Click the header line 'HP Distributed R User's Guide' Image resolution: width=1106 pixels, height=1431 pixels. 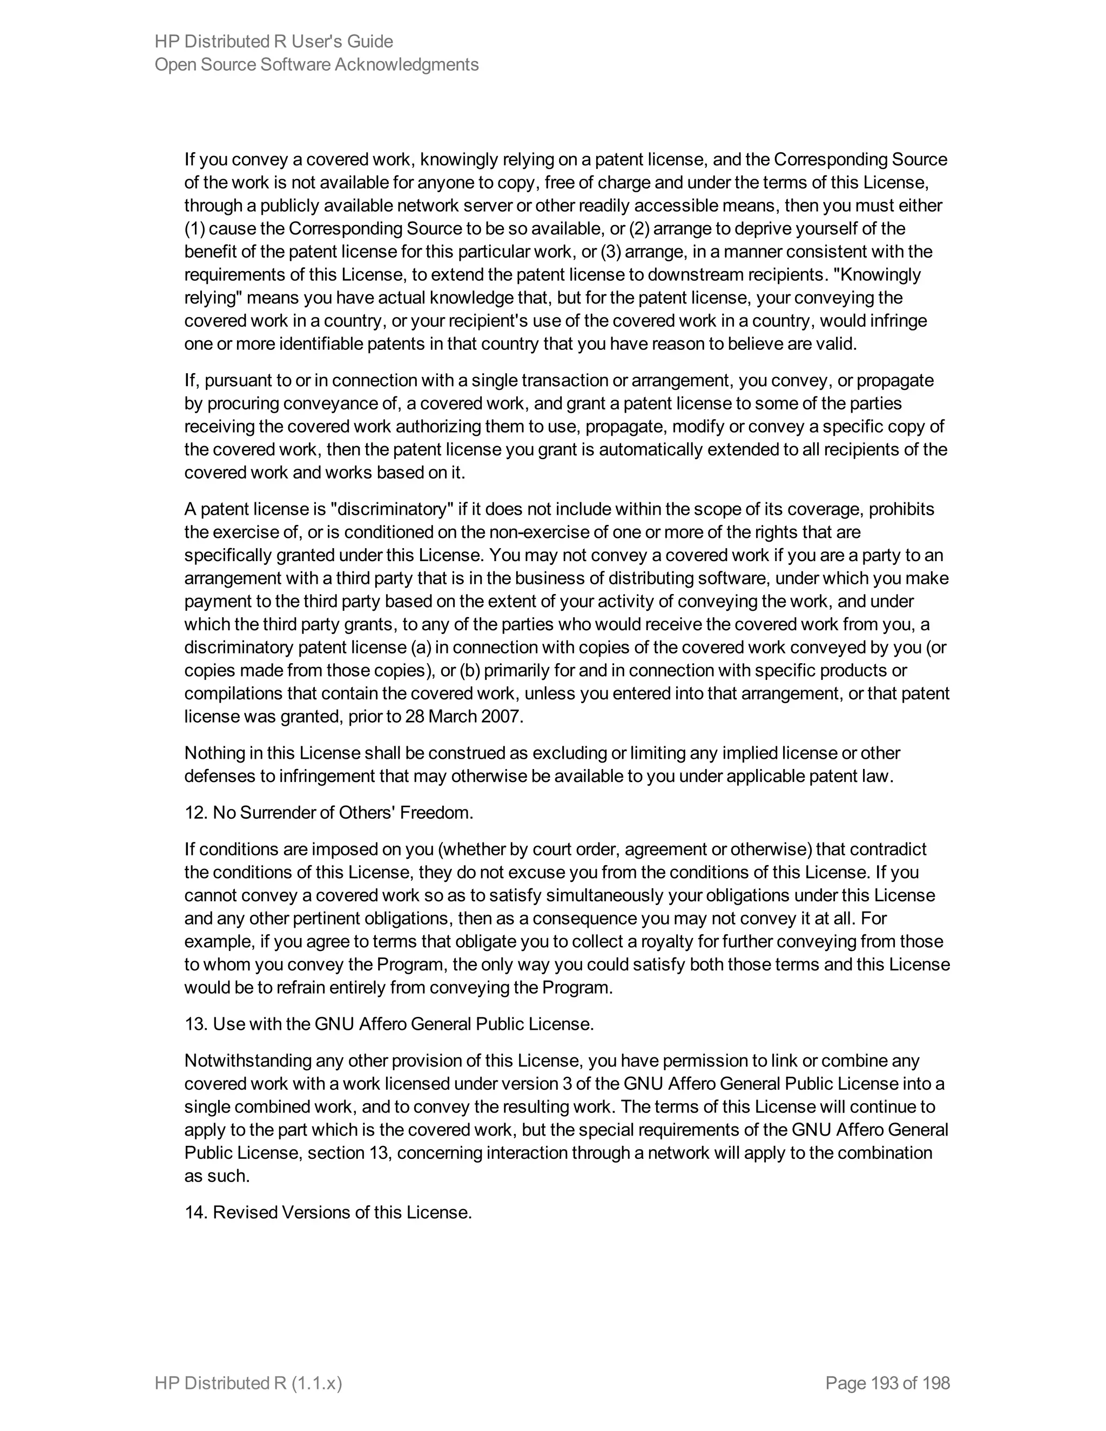(x=273, y=41)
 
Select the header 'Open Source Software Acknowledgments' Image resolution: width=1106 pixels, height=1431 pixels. (x=316, y=64)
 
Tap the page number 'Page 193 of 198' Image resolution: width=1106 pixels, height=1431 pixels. (x=887, y=1383)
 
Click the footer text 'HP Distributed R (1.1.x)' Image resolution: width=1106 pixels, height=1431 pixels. (x=248, y=1383)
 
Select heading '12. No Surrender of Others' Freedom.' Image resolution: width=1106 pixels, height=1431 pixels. (x=328, y=813)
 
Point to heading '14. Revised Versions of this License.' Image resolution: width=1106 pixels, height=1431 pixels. (x=328, y=1212)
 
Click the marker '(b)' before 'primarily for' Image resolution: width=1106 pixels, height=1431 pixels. (x=470, y=670)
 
